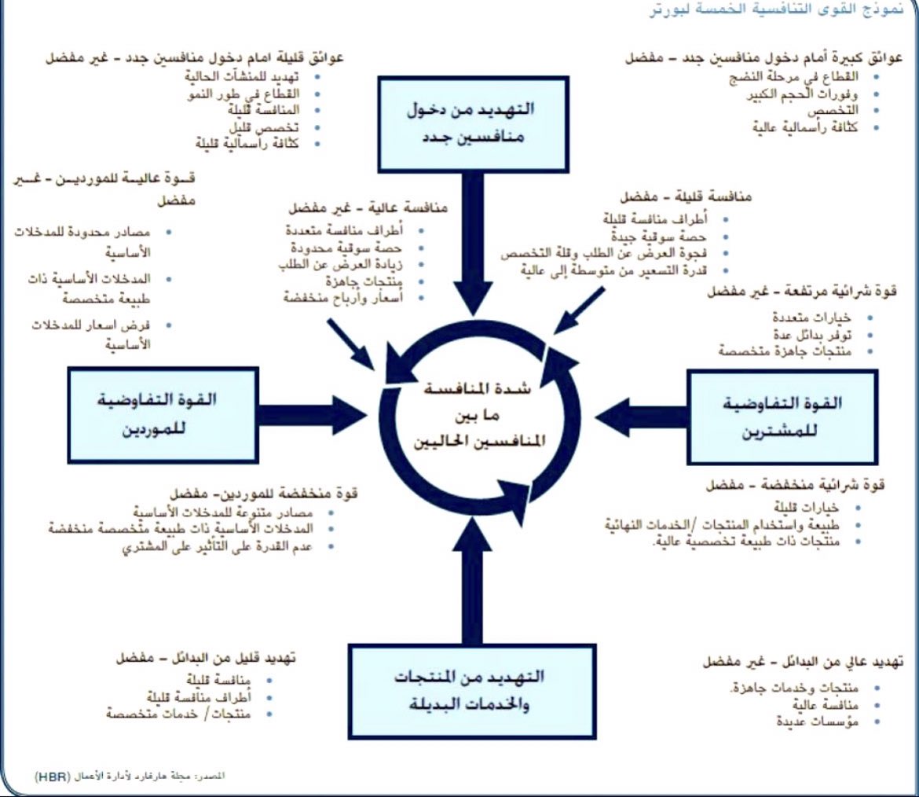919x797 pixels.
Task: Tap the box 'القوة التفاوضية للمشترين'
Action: pos(782,417)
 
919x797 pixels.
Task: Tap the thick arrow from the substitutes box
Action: pos(472,582)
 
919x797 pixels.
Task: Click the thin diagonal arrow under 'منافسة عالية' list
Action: pos(350,343)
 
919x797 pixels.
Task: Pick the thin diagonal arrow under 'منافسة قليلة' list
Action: pos(580,310)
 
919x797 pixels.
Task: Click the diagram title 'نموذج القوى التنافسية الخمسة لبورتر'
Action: pos(773,11)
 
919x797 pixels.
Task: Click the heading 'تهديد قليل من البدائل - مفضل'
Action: pos(205,659)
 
